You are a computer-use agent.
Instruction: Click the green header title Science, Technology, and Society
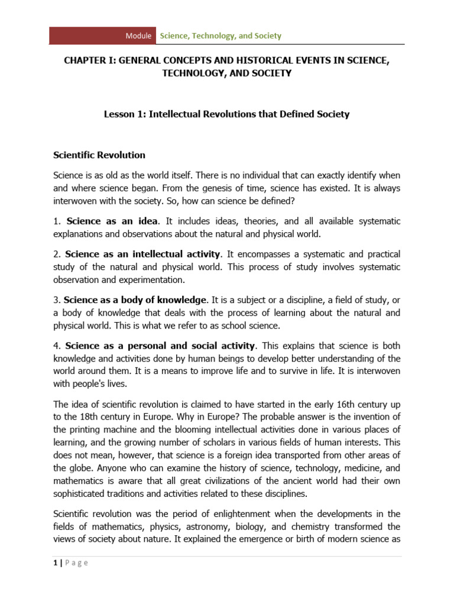220,35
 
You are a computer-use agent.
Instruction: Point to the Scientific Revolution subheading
99,155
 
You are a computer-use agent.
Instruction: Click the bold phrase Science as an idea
112,221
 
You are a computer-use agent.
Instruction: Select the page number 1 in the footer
54,562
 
